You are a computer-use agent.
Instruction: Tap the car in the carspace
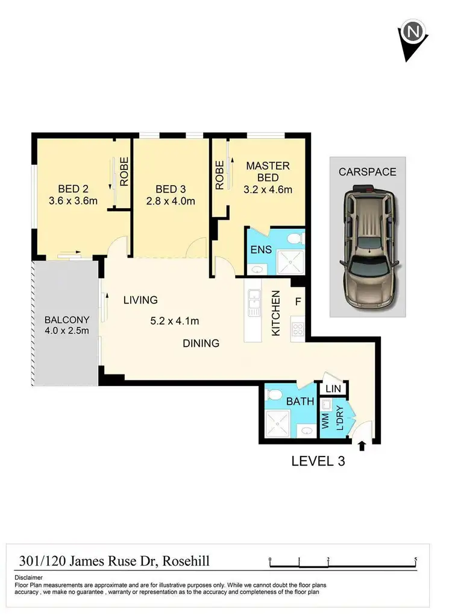[x=367, y=247]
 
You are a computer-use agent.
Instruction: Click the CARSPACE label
[x=367, y=172]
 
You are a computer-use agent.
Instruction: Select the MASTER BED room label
[x=268, y=171]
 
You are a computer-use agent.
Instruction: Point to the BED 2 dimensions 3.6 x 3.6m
[x=74, y=201]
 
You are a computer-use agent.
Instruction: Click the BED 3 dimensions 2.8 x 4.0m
[x=171, y=201]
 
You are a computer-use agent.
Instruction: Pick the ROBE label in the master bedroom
[x=219, y=175]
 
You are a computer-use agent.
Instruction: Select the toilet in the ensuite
[x=295, y=239]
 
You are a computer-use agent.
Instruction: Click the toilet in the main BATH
[x=272, y=395]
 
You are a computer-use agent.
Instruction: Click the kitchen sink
[x=254, y=297]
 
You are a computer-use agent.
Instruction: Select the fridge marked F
[x=297, y=300]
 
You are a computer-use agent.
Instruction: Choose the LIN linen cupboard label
[x=333, y=389]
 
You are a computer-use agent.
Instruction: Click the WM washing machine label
[x=326, y=420]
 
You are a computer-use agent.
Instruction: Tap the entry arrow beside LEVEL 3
[x=362, y=446]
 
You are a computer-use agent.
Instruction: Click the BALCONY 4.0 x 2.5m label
[x=66, y=326]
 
